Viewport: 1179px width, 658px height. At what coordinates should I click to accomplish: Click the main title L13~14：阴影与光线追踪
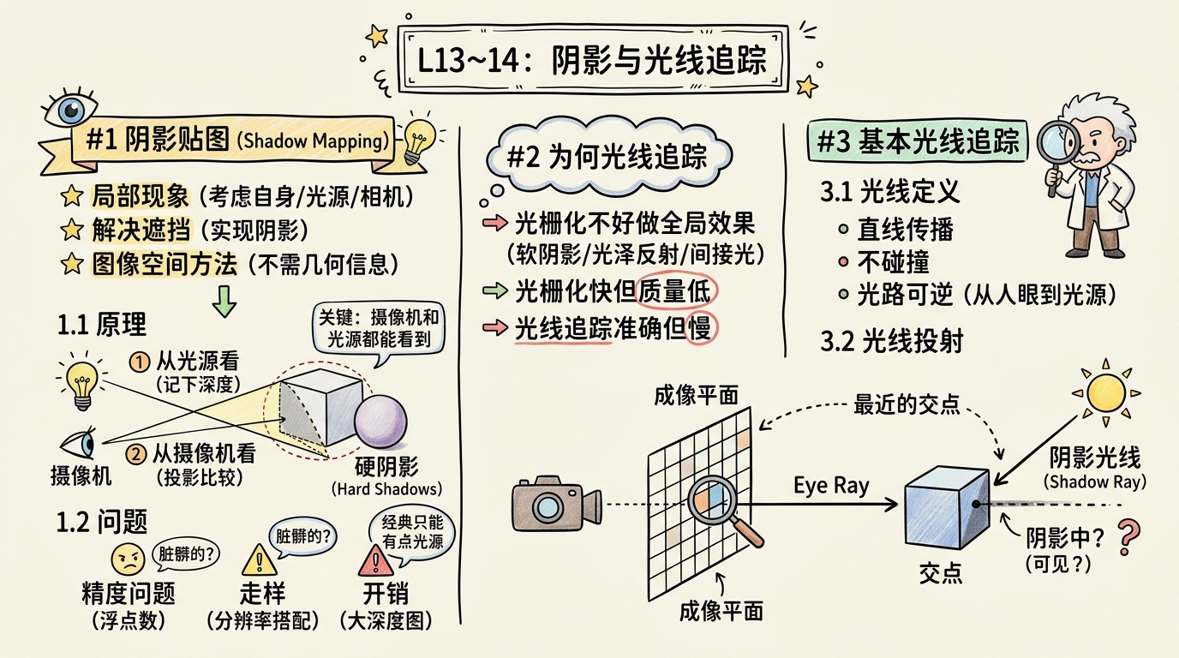[591, 61]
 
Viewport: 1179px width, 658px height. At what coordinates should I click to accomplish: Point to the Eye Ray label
[831, 486]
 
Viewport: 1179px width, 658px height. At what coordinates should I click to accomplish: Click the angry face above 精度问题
[129, 560]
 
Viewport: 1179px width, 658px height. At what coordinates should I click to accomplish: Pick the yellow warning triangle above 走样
[255, 560]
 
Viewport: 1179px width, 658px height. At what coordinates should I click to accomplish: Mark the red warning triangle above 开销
[374, 561]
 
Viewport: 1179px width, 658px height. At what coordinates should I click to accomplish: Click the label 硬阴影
[386, 467]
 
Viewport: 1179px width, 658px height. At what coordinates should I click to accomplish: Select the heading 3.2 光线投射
[892, 340]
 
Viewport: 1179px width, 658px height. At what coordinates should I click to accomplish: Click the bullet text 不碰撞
[893, 262]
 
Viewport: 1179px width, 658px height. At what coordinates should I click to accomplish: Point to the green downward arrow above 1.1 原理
[224, 301]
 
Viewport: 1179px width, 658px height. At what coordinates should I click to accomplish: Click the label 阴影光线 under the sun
[1095, 458]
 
